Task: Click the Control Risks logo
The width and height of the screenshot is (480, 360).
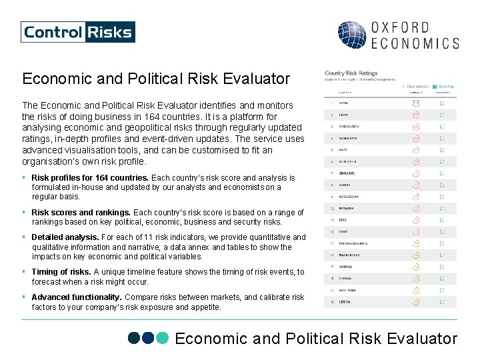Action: pyautogui.click(x=78, y=32)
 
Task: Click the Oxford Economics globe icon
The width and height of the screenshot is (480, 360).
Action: pyautogui.click(x=351, y=35)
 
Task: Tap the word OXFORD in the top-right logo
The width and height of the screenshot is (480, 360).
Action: pyautogui.click(x=399, y=27)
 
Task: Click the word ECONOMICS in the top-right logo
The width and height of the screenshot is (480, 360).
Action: pyautogui.click(x=414, y=43)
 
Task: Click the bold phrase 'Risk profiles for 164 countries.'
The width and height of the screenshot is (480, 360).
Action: pyautogui.click(x=90, y=178)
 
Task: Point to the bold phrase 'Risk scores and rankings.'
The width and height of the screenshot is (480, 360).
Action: pyautogui.click(x=81, y=213)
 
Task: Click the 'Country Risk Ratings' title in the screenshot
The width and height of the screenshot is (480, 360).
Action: pyautogui.click(x=351, y=73)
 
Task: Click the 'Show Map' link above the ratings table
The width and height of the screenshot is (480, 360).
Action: pyautogui.click(x=444, y=86)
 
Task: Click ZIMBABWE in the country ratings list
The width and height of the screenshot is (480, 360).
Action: pyautogui.click(x=348, y=173)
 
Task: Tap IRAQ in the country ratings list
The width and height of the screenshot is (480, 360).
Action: pyautogui.click(x=344, y=220)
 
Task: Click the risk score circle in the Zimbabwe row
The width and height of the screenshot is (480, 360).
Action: pyautogui.click(x=415, y=173)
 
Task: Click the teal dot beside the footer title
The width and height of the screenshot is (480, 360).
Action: pyautogui.click(x=163, y=339)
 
